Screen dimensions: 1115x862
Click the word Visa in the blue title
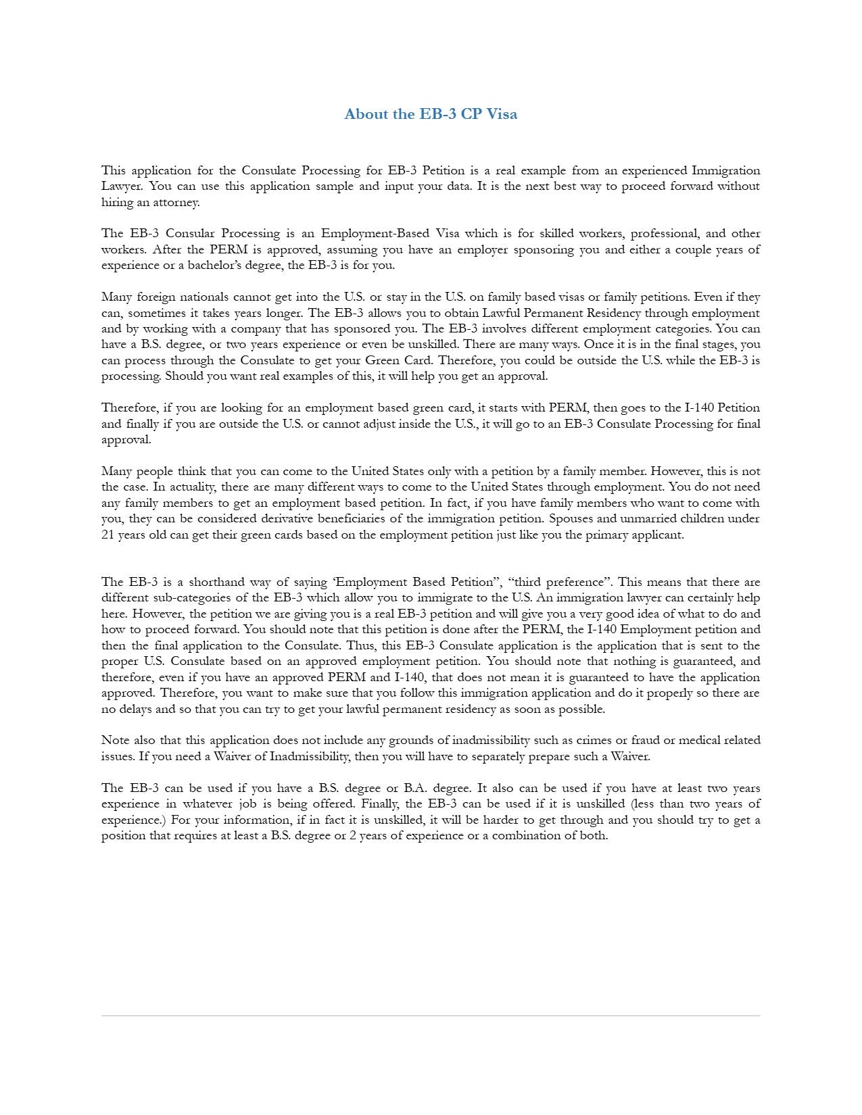[x=502, y=114]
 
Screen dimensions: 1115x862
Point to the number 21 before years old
[x=108, y=535]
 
